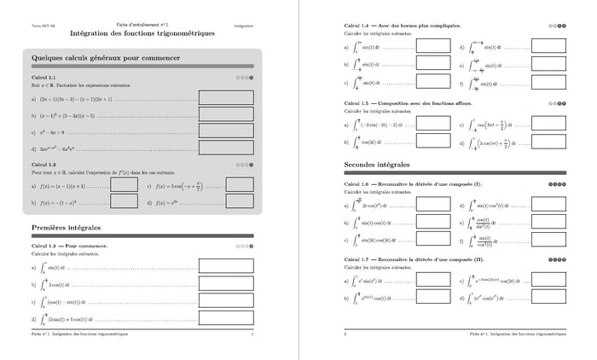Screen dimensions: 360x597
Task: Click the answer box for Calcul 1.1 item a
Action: click(x=225, y=98)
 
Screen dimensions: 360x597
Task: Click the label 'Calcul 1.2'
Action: click(x=43, y=165)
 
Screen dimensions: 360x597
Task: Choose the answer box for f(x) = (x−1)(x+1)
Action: click(x=125, y=184)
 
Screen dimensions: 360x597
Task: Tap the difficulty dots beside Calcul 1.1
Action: click(x=246, y=78)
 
